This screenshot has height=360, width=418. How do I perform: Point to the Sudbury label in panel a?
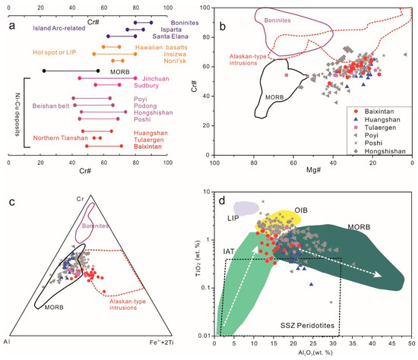click(157, 86)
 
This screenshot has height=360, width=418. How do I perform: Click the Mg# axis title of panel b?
click(313, 171)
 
